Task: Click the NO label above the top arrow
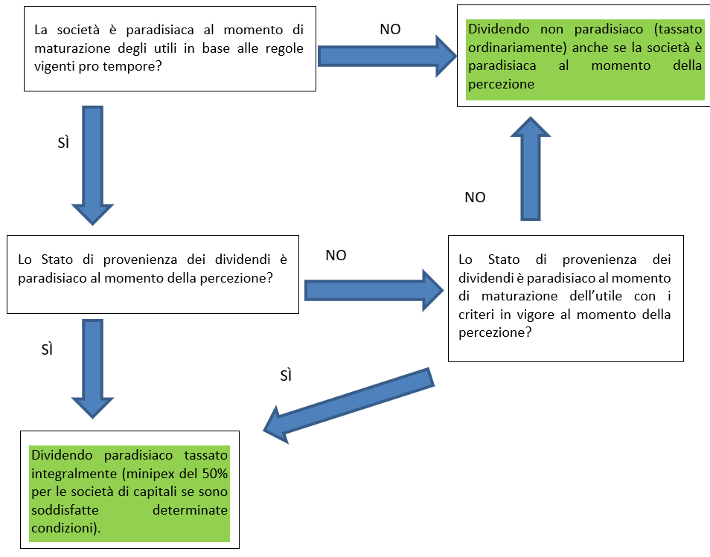(390, 29)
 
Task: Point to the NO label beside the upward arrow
(475, 197)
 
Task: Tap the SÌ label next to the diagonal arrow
(286, 376)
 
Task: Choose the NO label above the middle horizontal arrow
(336, 255)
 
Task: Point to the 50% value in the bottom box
(213, 474)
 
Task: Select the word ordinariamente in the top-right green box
(513, 48)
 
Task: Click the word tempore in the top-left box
(138, 65)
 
